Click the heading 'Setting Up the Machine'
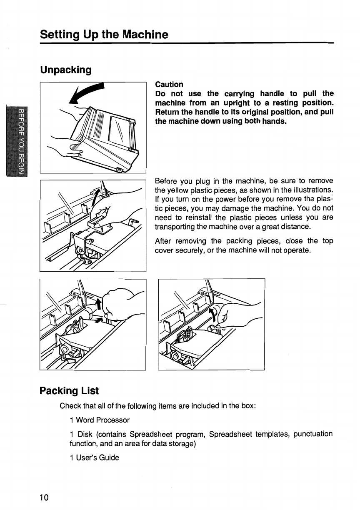104,34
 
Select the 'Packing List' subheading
69,391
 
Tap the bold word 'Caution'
169,85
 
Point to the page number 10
44,497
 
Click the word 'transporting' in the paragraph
174,227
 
